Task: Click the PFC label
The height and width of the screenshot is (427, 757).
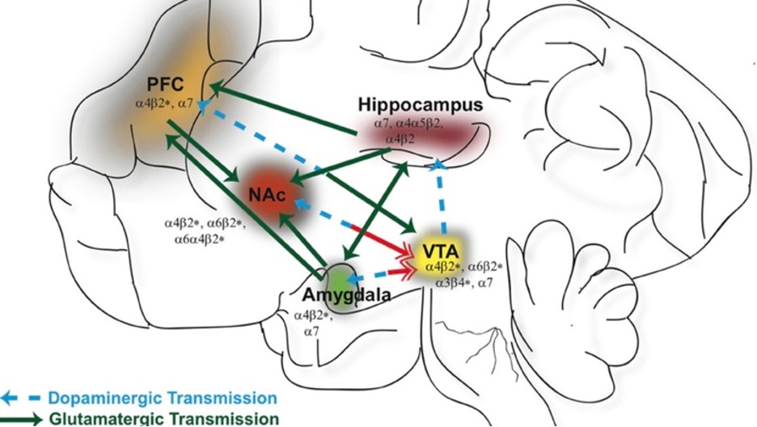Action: [x=166, y=84]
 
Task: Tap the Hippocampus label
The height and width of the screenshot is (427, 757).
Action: [x=420, y=105]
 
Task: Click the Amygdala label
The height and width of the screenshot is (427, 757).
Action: [x=346, y=294]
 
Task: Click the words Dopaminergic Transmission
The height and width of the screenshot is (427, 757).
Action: [x=161, y=398]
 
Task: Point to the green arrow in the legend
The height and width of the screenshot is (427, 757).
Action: [x=22, y=419]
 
